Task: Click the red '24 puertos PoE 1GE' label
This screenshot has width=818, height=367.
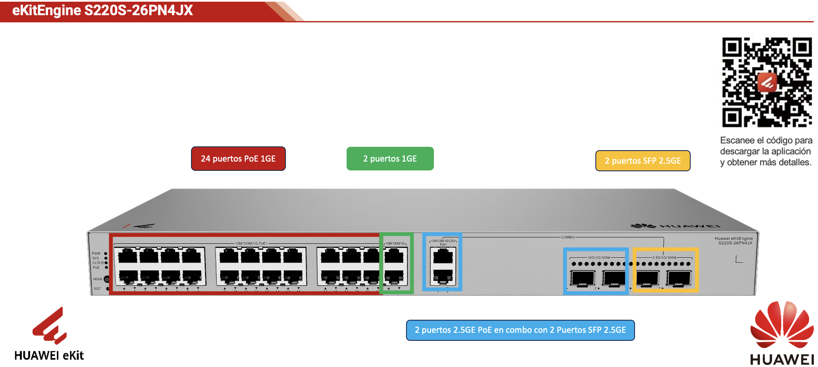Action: point(238,159)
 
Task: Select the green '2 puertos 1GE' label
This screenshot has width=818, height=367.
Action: point(390,159)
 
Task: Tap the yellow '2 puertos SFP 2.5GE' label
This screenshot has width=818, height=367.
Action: point(643,161)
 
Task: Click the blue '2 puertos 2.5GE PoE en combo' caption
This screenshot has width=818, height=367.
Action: point(520,330)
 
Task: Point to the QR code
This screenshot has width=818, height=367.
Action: point(767,82)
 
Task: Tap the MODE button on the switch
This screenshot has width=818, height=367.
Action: point(107,279)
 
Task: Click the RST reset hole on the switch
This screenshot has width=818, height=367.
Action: point(108,289)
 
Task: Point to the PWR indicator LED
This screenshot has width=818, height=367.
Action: point(106,254)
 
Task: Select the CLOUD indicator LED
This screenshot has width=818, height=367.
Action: point(106,263)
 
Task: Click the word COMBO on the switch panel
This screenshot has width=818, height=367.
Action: point(568,237)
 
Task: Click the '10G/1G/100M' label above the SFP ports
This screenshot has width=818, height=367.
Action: point(598,257)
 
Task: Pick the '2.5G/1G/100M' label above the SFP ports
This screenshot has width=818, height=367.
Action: point(664,257)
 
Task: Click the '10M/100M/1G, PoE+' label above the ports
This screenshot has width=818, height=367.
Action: point(251,243)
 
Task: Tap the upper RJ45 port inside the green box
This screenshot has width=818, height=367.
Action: point(394,256)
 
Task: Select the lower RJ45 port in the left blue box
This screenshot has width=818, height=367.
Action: point(442,276)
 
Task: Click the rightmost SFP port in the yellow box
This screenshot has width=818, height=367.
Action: point(678,278)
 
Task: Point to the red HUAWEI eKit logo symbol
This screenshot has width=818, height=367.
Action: point(50,326)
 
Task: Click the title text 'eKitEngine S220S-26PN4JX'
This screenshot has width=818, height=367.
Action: point(102,11)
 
